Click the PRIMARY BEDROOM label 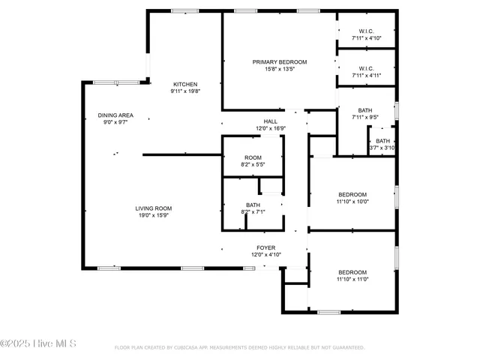[x=279, y=62]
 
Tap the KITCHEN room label [x=185, y=84]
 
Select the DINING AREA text [x=115, y=115]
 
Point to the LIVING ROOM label [x=154, y=208]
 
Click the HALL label [x=270, y=121]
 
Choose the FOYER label [x=266, y=247]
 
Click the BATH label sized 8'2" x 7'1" [x=253, y=205]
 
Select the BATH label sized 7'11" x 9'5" [x=365, y=110]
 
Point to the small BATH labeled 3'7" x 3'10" [x=382, y=141]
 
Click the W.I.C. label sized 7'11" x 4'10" [x=367, y=31]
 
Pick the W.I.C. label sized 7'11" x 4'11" [x=367, y=68]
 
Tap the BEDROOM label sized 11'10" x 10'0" [x=352, y=194]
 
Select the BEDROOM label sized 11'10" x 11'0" [x=352, y=272]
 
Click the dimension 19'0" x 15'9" [x=154, y=216]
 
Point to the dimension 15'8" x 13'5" [x=279, y=69]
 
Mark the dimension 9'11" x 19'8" [x=185, y=91]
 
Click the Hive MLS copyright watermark [x=38, y=344]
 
